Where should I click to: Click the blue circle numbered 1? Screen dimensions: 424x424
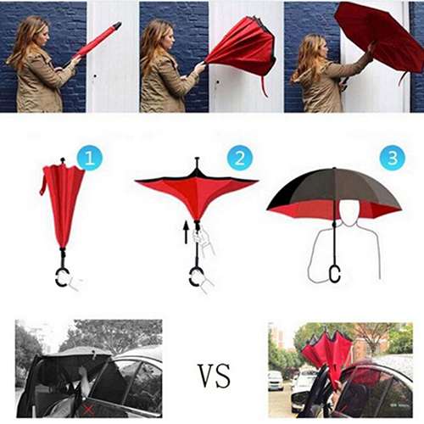pyautogui.click(x=90, y=158)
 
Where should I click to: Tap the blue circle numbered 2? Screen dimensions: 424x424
pyautogui.click(x=240, y=158)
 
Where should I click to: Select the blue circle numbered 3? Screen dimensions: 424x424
pyautogui.click(x=393, y=157)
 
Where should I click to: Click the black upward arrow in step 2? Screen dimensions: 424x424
pyautogui.click(x=186, y=232)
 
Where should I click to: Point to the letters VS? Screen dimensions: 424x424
pyautogui.click(x=214, y=376)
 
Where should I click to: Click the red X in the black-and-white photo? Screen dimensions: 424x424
pyautogui.click(x=88, y=410)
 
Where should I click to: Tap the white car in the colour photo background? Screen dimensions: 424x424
pyautogui.click(x=275, y=381)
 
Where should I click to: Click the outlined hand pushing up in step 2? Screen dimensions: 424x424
pyautogui.click(x=202, y=239)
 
